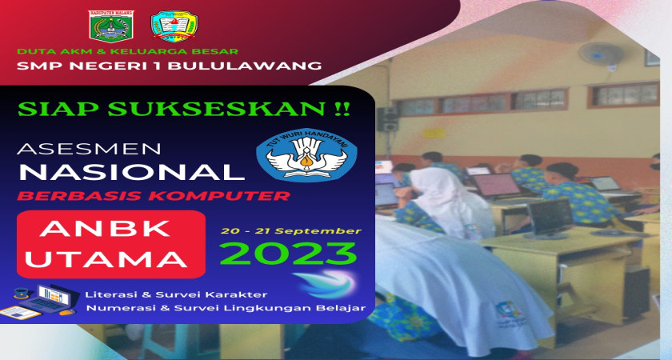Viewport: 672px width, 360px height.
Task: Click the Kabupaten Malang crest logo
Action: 111,26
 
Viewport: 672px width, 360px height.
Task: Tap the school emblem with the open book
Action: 174,26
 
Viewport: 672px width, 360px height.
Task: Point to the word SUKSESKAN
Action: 217,109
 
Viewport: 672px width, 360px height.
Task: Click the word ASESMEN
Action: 89,149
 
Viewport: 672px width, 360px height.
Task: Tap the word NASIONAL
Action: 131,172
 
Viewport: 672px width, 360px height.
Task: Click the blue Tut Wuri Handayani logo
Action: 306,154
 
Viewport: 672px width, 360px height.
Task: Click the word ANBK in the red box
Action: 106,229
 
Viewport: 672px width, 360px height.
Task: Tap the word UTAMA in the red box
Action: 106,259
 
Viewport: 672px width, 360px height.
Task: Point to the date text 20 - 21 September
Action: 291,231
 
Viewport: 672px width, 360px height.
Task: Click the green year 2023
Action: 288,254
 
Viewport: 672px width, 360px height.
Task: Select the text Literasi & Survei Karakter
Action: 176,294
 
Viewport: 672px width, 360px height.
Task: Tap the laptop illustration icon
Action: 41,301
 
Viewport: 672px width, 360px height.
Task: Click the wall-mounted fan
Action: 602,55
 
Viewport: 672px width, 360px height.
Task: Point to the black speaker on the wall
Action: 387,119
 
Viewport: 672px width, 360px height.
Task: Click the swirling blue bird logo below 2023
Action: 326,284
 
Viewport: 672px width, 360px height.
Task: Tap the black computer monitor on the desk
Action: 550,218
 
